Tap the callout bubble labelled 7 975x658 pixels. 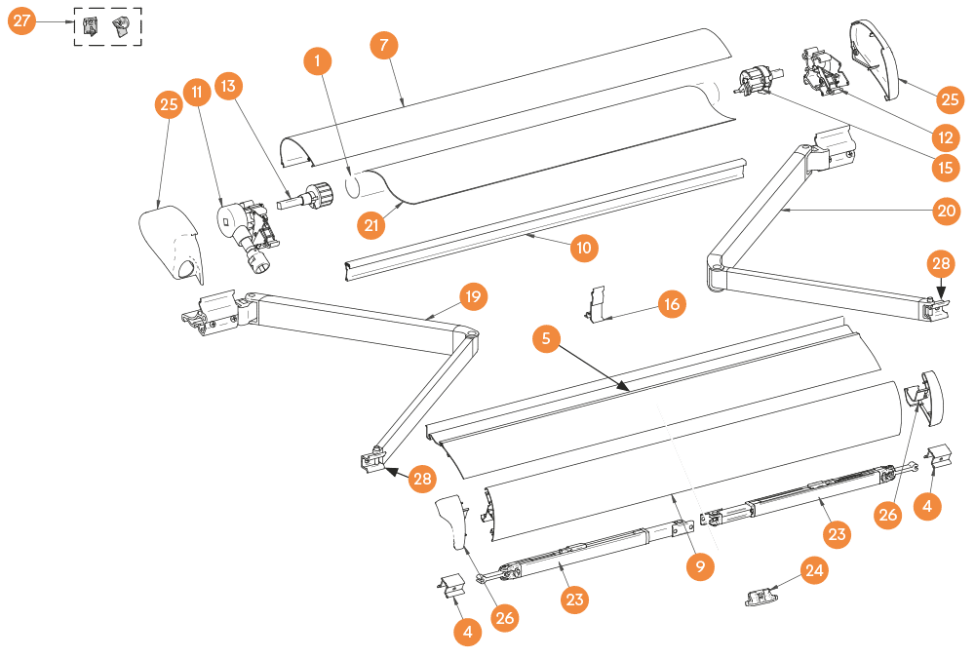pos(385,46)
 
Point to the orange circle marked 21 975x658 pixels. pos(370,225)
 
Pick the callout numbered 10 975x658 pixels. pos(584,248)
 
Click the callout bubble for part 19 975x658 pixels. pos(473,295)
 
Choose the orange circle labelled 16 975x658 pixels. pos(671,304)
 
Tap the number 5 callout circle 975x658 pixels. pos(547,339)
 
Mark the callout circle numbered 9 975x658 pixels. pos(700,565)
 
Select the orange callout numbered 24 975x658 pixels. pos(814,571)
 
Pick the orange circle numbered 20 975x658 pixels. pos(944,210)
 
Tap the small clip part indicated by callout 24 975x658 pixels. pos(760,597)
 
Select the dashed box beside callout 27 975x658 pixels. pos(108,27)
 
